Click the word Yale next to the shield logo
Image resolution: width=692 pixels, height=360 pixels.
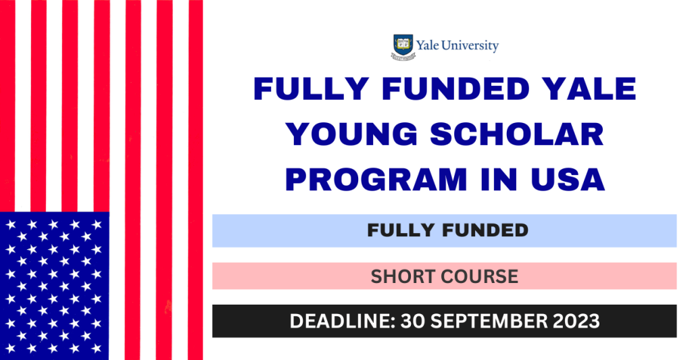pos(427,46)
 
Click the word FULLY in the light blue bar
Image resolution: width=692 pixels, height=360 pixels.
pos(400,230)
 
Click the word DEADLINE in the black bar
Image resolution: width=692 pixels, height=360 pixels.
pos(341,322)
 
